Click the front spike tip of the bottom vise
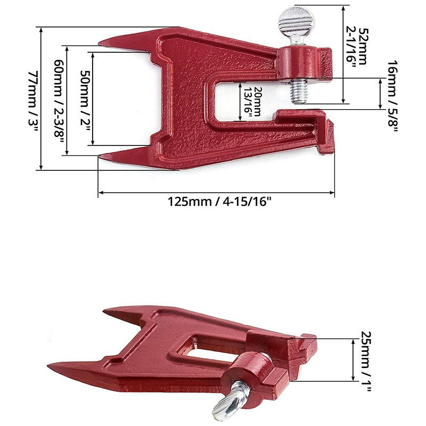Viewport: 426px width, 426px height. pos(50,366)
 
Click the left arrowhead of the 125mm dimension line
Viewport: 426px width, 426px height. pos(100,193)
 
